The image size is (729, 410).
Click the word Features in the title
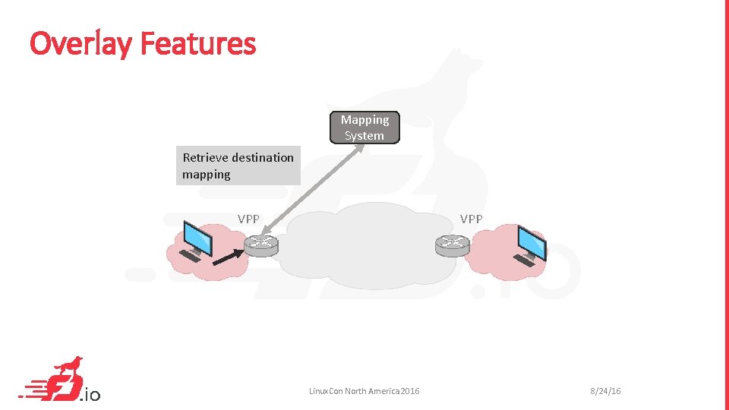tap(199, 43)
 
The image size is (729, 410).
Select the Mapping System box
tap(364, 128)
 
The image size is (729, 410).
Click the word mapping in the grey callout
tap(207, 175)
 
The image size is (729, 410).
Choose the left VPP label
tap(248, 219)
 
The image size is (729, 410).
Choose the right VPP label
tap(471, 219)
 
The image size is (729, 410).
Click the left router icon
tap(261, 244)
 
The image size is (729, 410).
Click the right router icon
tap(453, 244)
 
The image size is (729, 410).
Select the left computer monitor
tap(199, 237)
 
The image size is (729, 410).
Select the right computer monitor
tap(531, 241)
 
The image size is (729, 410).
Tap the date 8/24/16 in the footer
tap(605, 391)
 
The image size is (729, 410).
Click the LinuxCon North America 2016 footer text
tap(364, 391)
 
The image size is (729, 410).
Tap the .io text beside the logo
tap(90, 394)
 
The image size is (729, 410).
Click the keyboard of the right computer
tap(524, 260)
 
